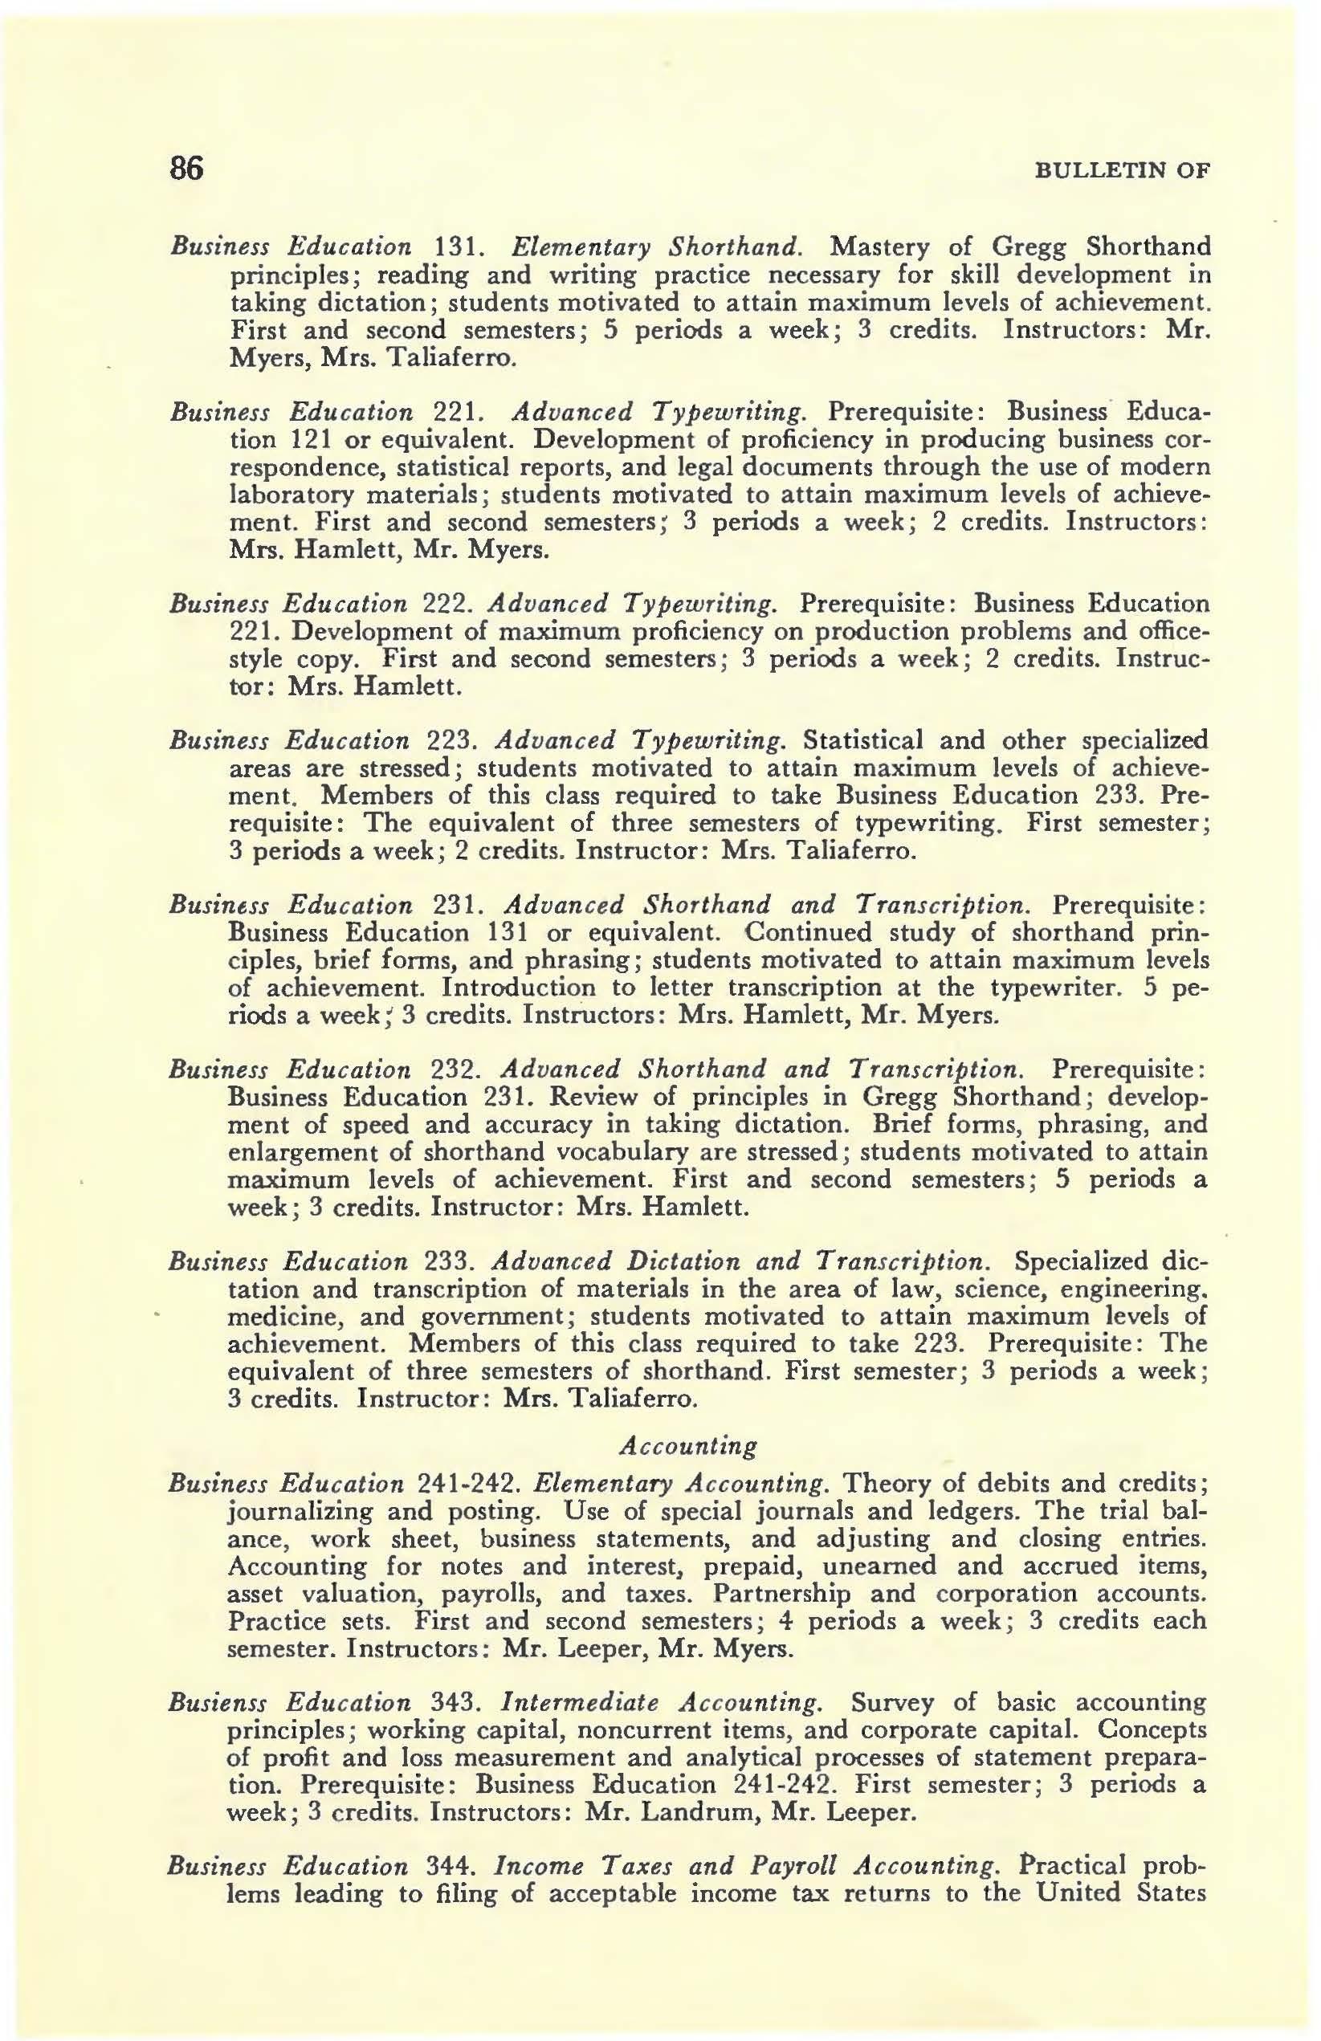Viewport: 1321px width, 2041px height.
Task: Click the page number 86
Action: tap(186, 169)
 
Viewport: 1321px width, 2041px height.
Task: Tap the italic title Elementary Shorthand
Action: tap(657, 248)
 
